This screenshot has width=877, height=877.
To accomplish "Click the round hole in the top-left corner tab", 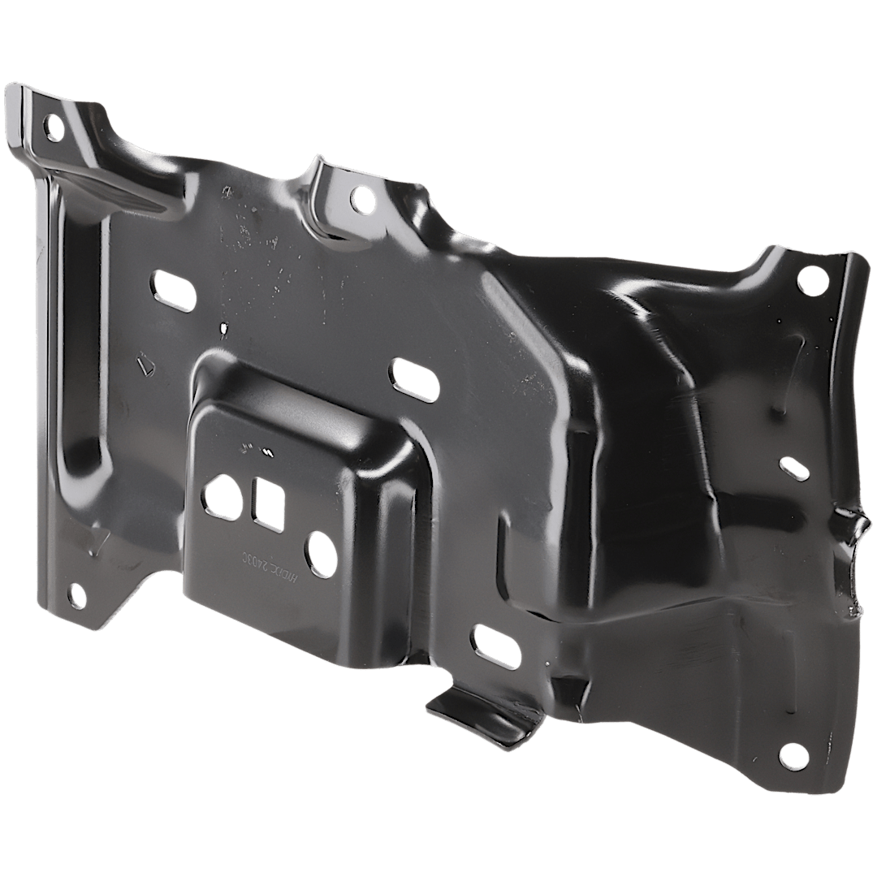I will coord(55,126).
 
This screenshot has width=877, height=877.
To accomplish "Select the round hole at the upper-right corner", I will coord(809,279).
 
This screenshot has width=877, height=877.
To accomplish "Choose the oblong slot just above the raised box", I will coord(415,378).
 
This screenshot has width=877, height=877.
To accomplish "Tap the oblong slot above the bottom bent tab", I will coord(495,646).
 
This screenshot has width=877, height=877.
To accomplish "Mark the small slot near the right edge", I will coord(794,469).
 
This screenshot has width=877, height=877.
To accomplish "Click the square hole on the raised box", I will coord(267,503).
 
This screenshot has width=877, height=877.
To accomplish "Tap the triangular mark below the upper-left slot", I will coord(145,363).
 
